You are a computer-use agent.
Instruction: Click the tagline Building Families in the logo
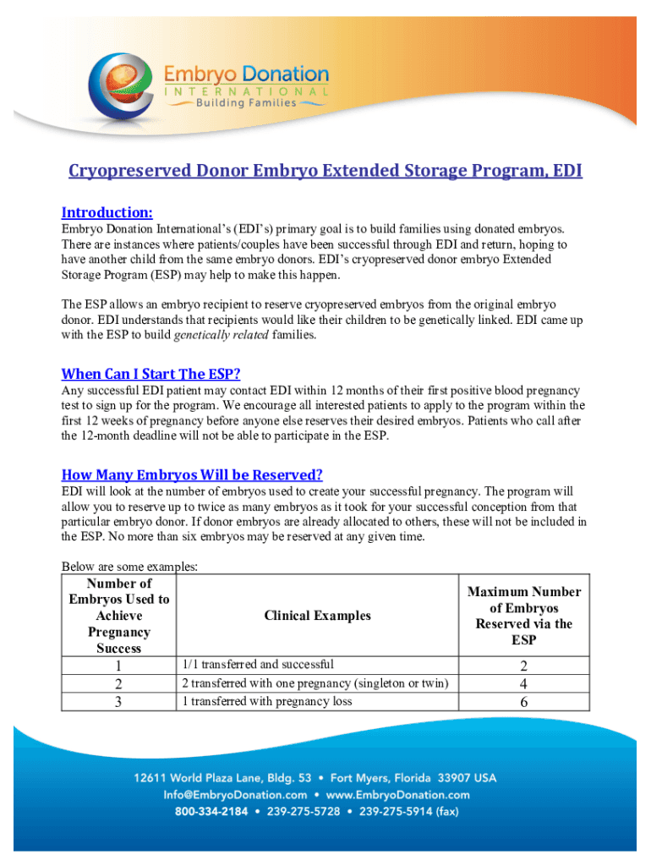tap(246, 103)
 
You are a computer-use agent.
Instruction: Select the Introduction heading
tap(107, 212)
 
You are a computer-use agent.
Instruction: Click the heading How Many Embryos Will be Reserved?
tap(192, 474)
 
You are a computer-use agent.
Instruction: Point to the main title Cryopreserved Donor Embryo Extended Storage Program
tap(325, 172)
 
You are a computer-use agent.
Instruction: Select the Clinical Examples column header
tap(317, 616)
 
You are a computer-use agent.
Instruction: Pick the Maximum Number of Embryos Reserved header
tap(523, 616)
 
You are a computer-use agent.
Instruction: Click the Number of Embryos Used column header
tap(118, 616)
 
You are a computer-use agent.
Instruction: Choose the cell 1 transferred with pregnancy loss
tap(266, 701)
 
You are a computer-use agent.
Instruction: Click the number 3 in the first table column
tap(118, 702)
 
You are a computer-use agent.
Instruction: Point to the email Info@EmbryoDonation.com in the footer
tap(235, 795)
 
